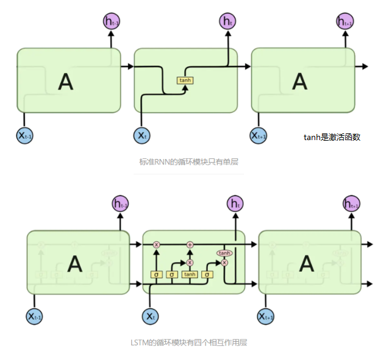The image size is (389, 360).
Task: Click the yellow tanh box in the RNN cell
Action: (x=185, y=80)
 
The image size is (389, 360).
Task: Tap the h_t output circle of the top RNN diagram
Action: (x=227, y=23)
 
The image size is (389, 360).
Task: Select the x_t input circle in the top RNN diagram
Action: (x=141, y=135)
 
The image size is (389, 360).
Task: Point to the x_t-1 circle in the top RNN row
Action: (x=24, y=135)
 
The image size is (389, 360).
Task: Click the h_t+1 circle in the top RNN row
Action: (x=344, y=23)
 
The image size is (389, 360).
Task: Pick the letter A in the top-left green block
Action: (x=65, y=81)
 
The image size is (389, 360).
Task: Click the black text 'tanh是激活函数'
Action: (x=332, y=137)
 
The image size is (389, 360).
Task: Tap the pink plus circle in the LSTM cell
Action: (x=190, y=244)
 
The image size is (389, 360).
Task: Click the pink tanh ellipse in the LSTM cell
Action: (x=224, y=253)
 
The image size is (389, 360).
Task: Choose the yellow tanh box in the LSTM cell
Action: (x=190, y=275)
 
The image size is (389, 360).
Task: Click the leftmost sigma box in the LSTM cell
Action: (x=156, y=275)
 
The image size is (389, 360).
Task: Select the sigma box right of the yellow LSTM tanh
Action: (x=207, y=275)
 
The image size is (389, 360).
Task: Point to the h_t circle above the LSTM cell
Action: (x=235, y=203)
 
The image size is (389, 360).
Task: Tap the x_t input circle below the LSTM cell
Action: (x=151, y=316)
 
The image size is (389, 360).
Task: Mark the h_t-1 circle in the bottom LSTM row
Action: (x=120, y=203)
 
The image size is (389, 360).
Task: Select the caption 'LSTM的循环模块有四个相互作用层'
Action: (x=189, y=343)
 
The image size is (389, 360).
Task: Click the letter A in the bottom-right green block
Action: (x=306, y=263)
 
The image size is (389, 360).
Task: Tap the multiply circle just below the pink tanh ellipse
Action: (x=224, y=263)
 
